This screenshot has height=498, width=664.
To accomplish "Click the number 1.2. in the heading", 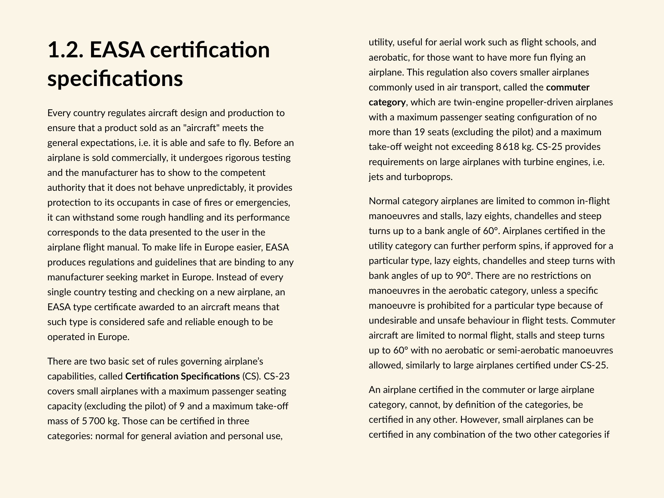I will pos(65,50).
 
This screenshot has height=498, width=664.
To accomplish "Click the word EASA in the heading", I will pos(117,50).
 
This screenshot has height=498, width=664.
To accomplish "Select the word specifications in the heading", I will pos(115,79).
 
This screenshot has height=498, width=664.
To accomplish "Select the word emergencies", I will pos(263,203).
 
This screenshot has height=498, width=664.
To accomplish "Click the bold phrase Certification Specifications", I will pos(182,376).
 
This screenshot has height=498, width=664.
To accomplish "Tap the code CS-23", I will pos(276,376).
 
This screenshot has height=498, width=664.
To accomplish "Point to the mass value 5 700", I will pos(93,421).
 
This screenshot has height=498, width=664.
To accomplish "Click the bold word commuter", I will pos(568,87).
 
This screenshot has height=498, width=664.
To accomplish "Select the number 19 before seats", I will pos(419,132).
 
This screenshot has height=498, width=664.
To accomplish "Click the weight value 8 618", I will pos(507,147).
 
